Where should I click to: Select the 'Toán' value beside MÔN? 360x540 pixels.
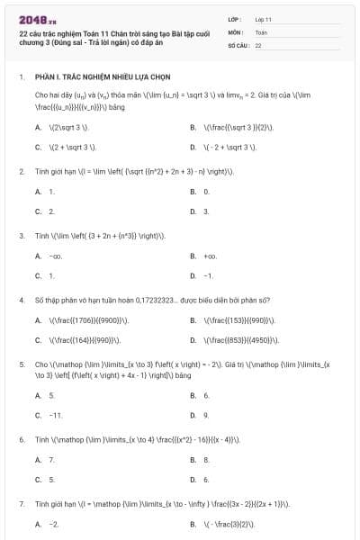(x=261, y=31)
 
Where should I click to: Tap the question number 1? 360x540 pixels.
(x=21, y=77)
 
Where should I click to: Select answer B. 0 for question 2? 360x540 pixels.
(x=200, y=192)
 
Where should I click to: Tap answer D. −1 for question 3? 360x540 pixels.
(x=202, y=275)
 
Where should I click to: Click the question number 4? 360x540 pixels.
(x=21, y=300)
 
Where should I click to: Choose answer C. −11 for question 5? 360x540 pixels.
(x=49, y=415)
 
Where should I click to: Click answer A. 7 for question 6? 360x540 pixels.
(x=45, y=460)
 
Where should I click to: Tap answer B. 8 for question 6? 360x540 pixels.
(x=200, y=460)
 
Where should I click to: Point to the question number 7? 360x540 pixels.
(x=21, y=504)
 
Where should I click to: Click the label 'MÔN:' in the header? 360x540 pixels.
(x=235, y=31)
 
